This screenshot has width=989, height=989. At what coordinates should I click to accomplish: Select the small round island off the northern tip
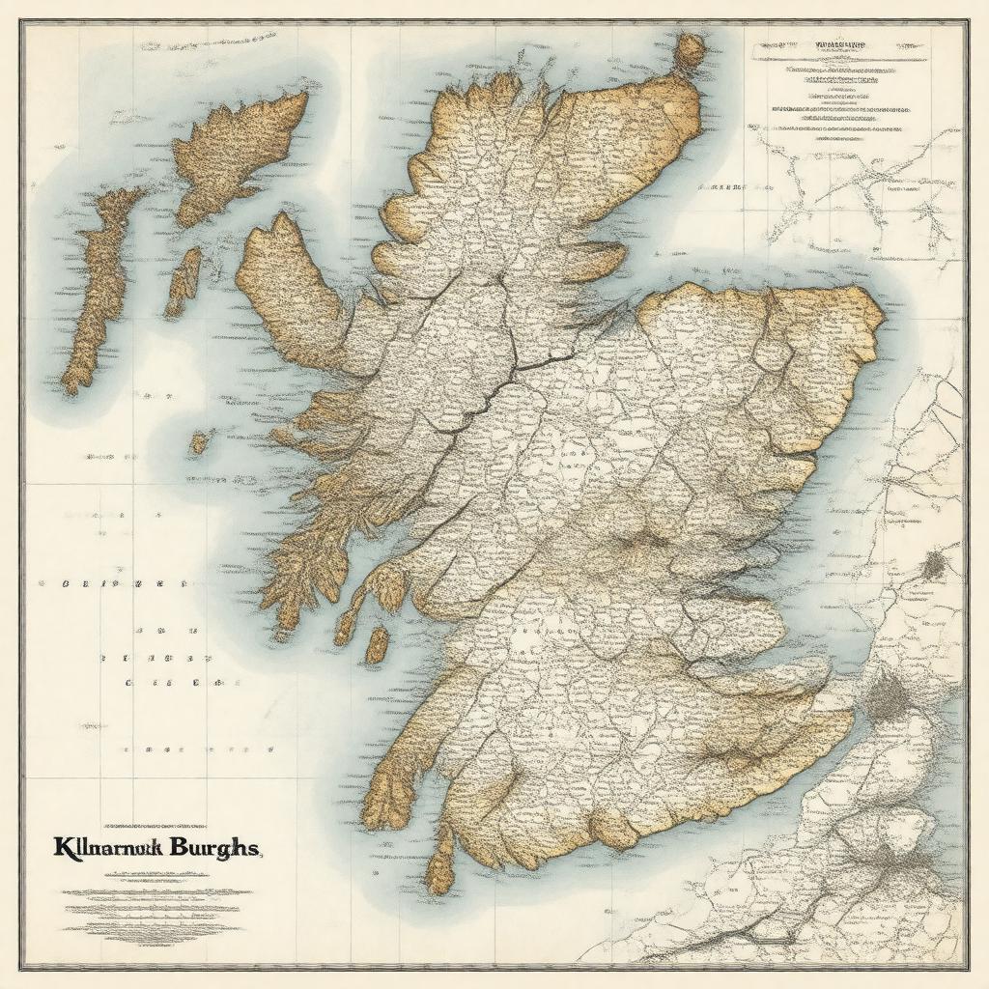click(690, 50)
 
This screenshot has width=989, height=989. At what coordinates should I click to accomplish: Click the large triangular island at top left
click(241, 155)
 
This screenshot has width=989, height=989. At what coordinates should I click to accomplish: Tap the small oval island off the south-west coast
click(377, 644)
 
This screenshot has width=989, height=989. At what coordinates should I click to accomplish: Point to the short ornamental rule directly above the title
click(155, 827)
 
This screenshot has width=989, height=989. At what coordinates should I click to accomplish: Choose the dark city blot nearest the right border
click(934, 564)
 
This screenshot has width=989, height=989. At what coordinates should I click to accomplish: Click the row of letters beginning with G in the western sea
click(111, 584)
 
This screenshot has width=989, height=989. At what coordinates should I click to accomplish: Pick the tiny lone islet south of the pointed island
click(199, 442)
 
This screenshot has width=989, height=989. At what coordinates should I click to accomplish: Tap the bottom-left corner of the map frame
click(23, 966)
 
